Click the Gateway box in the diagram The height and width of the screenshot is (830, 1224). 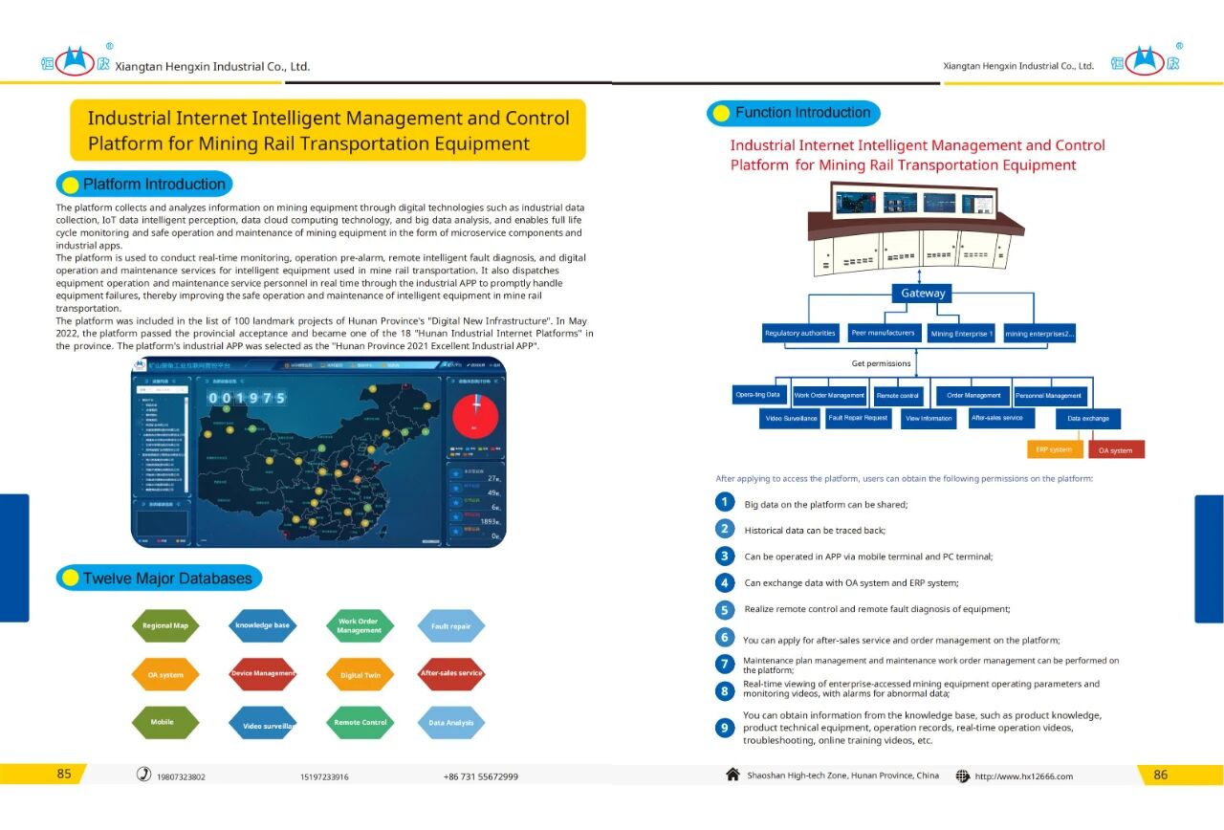pos(923,294)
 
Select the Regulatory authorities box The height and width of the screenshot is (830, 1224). pos(800,334)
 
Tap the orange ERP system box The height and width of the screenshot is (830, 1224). pos(1054,449)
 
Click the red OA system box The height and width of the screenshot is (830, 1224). pos(1115,450)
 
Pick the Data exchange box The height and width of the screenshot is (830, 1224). pos(1088,419)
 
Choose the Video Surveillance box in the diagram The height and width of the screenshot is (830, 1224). pos(791,418)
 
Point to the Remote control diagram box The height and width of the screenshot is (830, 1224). pos(898,395)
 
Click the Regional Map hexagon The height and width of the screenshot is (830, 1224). pos(165,626)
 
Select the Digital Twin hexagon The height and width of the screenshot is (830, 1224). pos(360,675)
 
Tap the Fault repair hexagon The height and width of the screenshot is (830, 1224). pos(450,626)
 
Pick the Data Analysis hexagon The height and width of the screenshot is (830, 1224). pos(450,723)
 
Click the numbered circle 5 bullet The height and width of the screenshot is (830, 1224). pos(725,609)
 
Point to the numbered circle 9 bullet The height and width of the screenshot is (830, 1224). pos(725,728)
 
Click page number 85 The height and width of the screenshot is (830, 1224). pos(64,775)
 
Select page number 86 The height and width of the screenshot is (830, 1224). pos(1160,775)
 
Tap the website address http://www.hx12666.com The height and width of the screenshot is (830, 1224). pos(1023,776)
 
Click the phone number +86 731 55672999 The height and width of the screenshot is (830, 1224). pos(481,776)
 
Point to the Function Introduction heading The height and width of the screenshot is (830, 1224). pos(802,113)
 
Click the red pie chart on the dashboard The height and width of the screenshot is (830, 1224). pos(475,412)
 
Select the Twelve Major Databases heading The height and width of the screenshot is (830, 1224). pos(167,579)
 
